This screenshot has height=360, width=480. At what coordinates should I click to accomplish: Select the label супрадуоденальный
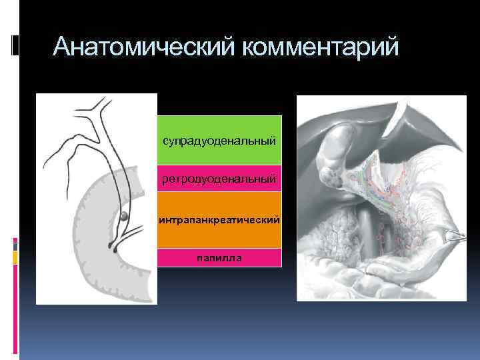click(x=219, y=141)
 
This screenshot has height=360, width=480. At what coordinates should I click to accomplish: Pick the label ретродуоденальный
click(x=219, y=179)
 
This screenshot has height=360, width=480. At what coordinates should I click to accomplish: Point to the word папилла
click(x=219, y=257)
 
